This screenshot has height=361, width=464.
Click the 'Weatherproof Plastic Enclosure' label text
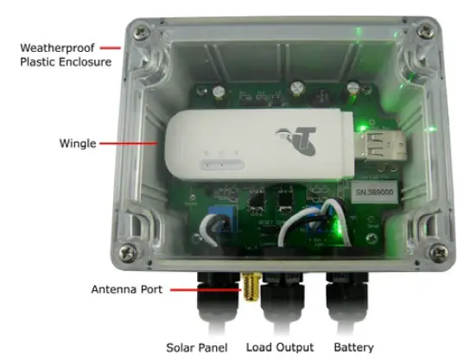point(58,55)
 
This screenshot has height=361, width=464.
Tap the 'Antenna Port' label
point(128,289)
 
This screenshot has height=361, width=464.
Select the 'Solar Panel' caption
point(197,347)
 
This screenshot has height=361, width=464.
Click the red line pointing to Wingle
point(133,143)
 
